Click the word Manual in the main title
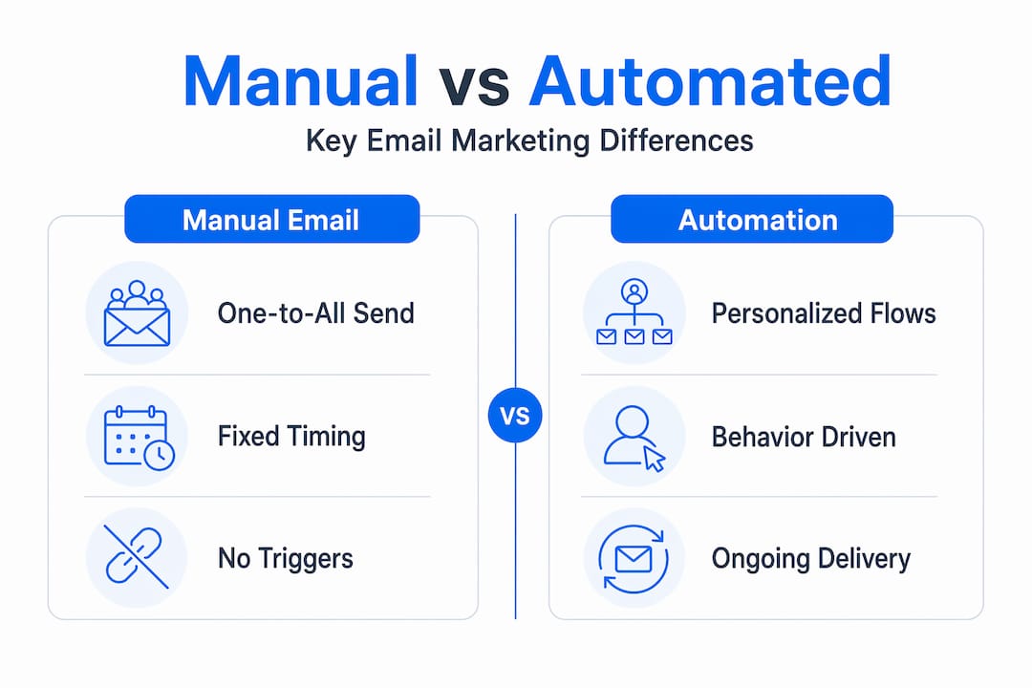point(300,81)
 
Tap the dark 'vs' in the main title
point(474,88)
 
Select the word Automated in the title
point(710,81)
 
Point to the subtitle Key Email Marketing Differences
point(529,140)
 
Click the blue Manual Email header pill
point(271,219)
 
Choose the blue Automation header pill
point(752,219)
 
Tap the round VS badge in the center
point(515,416)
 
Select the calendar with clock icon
point(139,438)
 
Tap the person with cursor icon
point(634,438)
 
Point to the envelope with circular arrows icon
point(634,559)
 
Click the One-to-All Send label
point(316,313)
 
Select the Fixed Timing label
point(291,437)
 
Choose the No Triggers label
point(286,559)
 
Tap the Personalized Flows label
point(824,313)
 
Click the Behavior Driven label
point(804,437)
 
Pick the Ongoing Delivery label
point(811,560)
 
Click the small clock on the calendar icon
point(160,455)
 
